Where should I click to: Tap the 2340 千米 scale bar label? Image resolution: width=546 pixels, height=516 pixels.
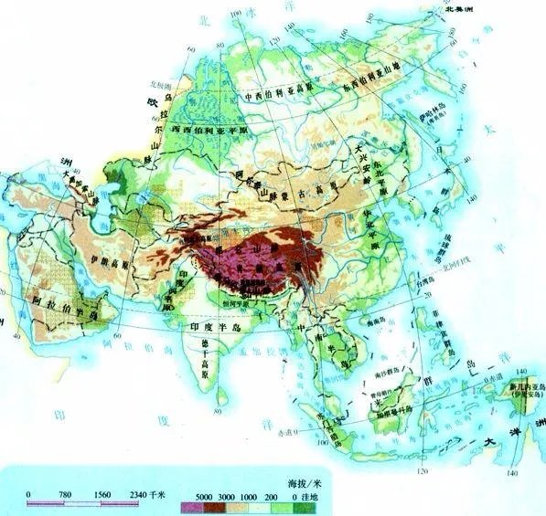pos(145,495)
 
